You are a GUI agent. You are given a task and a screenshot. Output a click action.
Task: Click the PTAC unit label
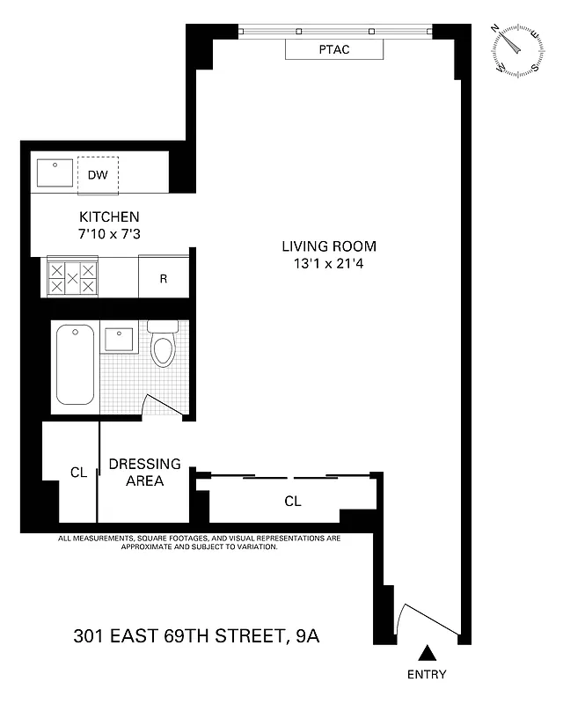[334, 49]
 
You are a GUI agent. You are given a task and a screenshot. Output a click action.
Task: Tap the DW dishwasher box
[98, 174]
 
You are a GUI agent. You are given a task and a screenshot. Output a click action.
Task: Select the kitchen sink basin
[56, 172]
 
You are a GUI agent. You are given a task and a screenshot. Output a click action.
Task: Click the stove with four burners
[72, 278]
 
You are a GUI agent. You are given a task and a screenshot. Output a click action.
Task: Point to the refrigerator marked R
[164, 279]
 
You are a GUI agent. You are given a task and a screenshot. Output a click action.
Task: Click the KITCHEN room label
[109, 216]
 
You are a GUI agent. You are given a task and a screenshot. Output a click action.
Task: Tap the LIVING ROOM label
[329, 246]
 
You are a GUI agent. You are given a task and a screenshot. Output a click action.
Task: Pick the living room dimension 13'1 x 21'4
[329, 263]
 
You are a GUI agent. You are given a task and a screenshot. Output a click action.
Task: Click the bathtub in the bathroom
[75, 364]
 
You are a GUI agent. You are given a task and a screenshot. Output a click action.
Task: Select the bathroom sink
[118, 339]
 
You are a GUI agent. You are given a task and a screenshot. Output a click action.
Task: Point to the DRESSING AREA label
[144, 472]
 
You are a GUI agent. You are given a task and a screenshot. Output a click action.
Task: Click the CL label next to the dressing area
[78, 473]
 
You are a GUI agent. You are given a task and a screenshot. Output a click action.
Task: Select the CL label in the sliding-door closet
[293, 502]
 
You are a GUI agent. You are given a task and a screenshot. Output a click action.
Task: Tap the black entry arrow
[427, 653]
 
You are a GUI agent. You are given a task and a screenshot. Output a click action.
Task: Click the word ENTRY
[427, 675]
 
